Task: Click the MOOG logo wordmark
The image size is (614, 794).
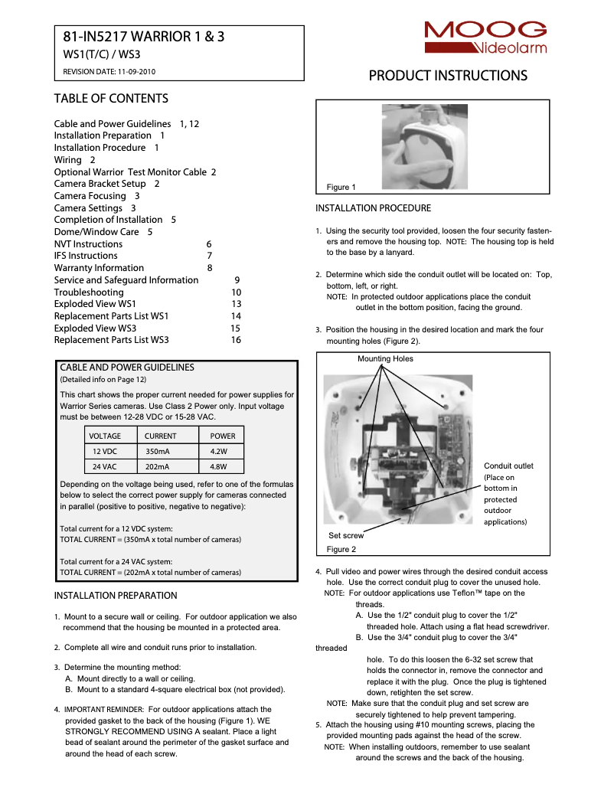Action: coord(486,31)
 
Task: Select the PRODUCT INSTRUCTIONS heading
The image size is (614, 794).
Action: coord(448,76)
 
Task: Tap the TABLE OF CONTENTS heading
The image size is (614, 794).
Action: coord(111,99)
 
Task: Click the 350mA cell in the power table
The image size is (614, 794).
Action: coord(158,451)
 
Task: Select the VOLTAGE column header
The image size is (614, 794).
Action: coord(105,436)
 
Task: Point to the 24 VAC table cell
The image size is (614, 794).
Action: coord(105,466)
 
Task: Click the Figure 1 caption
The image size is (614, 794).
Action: coord(341,188)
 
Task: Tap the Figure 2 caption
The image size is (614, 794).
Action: coord(341,550)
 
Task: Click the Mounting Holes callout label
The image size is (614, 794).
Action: coord(385,359)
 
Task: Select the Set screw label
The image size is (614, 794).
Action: coord(346,536)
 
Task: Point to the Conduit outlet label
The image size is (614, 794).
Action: coord(508,466)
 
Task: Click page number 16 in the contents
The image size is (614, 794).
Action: coord(236,340)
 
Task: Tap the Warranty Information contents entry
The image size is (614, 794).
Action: coord(99,268)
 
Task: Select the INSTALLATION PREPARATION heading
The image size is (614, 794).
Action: coord(116,596)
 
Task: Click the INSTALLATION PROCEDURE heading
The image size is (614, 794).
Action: coord(374,208)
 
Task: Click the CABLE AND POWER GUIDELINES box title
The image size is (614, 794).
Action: coord(127,368)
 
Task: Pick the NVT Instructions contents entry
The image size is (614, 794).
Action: coord(88,244)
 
